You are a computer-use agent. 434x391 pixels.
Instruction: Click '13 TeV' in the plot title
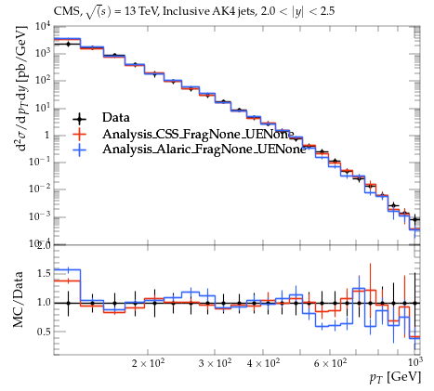[141, 11]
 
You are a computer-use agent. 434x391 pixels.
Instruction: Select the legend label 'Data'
[116, 118]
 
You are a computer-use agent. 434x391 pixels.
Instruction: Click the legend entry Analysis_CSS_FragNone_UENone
[198, 135]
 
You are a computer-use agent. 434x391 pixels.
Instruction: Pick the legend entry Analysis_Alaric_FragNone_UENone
[204, 150]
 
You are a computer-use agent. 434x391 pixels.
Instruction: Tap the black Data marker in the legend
[80, 119]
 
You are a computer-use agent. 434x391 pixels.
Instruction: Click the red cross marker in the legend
[80, 134]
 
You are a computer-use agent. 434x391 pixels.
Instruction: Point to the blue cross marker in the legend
[80, 150]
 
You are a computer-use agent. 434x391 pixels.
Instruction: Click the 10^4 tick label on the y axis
[43, 27]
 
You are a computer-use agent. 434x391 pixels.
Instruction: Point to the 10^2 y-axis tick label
[43, 81]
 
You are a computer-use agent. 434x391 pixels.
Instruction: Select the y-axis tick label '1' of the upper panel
[47, 136]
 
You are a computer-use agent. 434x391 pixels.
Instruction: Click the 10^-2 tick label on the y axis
[40, 189]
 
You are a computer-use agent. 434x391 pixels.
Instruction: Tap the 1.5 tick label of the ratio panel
[44, 274]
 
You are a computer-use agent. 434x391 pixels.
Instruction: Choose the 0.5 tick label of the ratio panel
[44, 332]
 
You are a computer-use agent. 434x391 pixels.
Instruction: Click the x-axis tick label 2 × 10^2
[148, 362]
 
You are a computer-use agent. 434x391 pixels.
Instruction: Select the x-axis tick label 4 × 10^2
[263, 362]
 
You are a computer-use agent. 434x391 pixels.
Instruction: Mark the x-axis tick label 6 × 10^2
[330, 362]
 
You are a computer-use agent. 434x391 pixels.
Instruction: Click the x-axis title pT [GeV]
[395, 377]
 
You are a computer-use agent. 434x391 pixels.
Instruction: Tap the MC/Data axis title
[19, 299]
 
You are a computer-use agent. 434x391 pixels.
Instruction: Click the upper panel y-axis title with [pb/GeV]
[21, 88]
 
